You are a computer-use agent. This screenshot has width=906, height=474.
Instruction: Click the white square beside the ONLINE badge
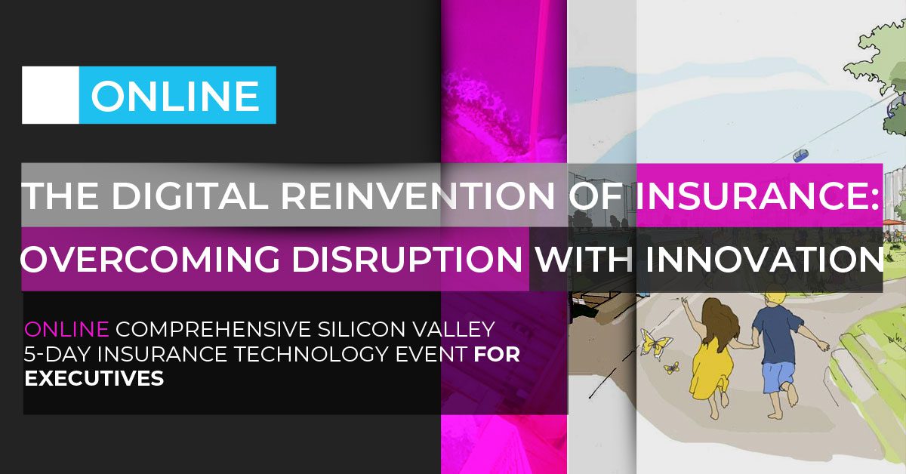click(51, 95)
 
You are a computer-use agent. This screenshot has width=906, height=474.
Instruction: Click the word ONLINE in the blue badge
click(175, 96)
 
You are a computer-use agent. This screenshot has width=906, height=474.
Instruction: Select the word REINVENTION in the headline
click(418, 196)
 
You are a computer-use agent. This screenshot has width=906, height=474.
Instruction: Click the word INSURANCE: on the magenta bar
click(758, 196)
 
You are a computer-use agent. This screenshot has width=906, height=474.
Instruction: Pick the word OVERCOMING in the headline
click(150, 259)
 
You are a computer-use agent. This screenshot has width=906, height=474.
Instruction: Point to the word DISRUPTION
click(407, 259)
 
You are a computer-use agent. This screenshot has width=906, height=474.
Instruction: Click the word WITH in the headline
click(584, 259)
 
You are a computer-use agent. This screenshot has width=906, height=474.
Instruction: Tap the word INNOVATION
click(764, 259)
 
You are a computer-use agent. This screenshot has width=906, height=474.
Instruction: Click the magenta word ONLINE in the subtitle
click(66, 329)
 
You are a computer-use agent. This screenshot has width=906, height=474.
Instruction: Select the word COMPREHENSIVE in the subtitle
click(214, 329)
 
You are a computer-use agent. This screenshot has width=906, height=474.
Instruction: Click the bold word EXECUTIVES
click(94, 379)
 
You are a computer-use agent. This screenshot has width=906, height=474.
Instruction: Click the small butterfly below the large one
click(671, 368)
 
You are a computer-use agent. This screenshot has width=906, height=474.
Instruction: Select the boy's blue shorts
click(778, 377)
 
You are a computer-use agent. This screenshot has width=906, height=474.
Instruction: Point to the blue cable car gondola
click(801, 155)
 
